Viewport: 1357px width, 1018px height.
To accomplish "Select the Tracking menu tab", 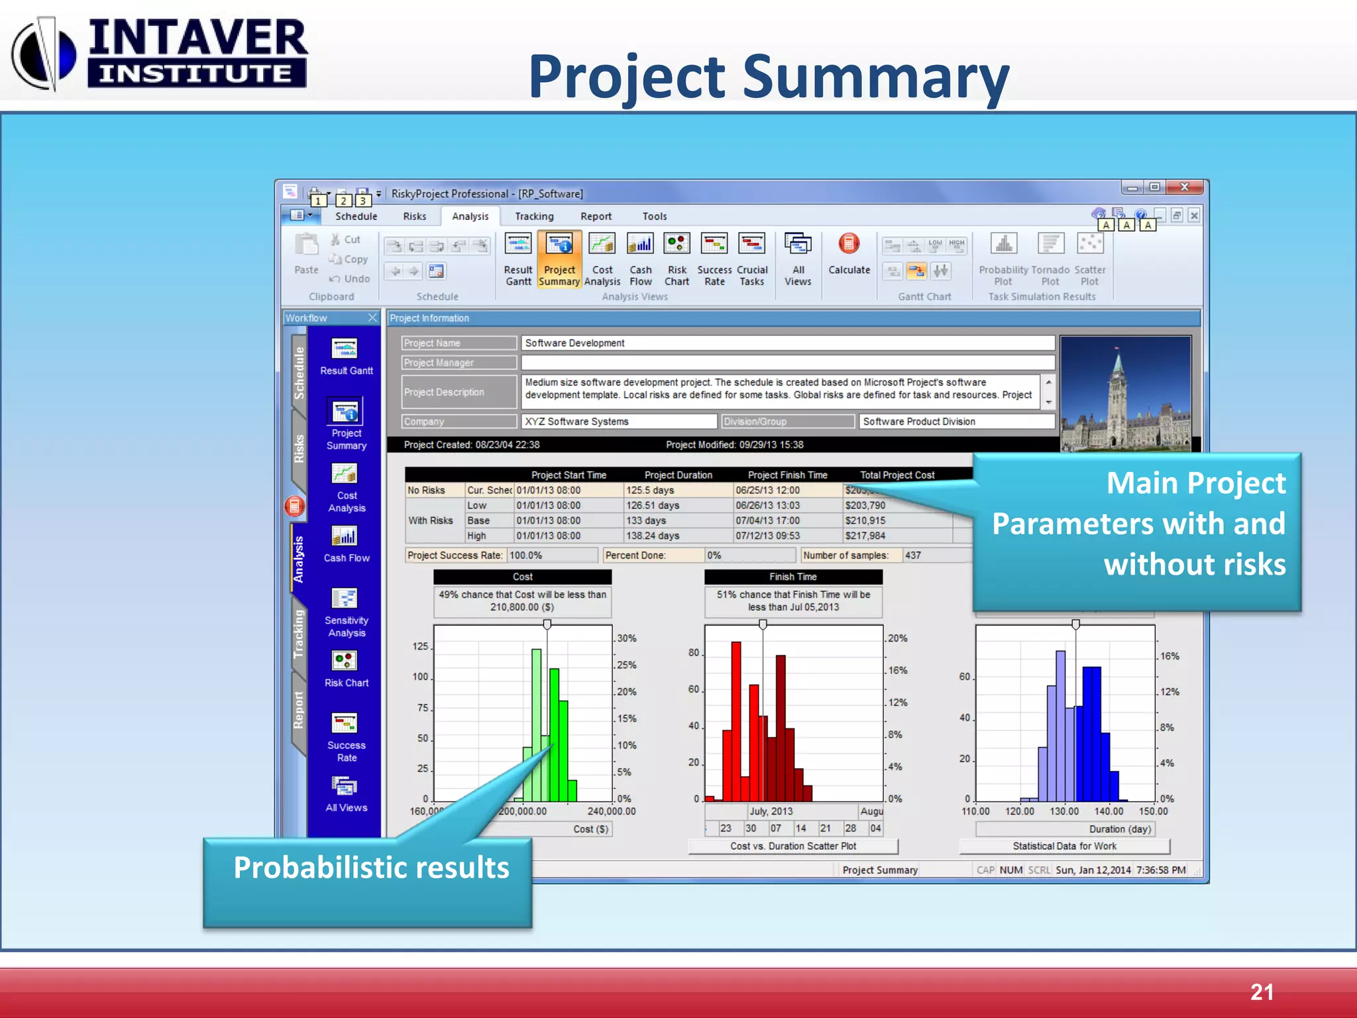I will point(534,216).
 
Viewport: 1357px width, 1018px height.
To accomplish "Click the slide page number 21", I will point(1262,991).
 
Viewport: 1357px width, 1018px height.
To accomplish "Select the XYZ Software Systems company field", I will point(618,422).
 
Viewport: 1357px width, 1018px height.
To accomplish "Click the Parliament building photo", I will point(1125,394).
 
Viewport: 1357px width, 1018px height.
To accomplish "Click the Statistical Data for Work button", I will point(1064,846).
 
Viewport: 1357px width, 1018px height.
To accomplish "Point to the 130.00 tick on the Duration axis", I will point(1064,811).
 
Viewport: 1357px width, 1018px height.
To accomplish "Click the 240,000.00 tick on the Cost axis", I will point(611,811).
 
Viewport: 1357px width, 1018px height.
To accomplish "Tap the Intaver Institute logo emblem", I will point(44,54).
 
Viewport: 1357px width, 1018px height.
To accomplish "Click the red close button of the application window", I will point(1185,188).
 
